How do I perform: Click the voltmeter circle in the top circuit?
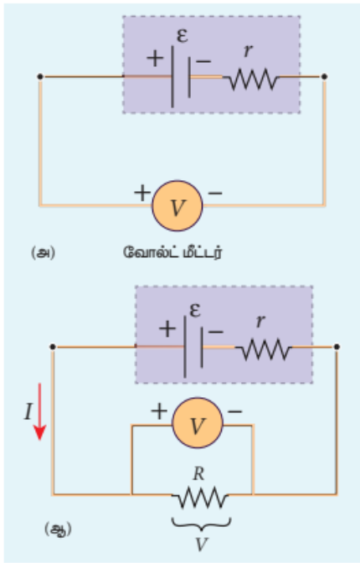[177, 206]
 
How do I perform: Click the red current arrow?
[39, 411]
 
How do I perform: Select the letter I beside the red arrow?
[28, 411]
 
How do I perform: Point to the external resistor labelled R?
[200, 498]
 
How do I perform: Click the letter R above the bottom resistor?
[198, 474]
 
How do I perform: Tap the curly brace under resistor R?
[202, 524]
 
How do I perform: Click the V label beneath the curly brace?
[202, 545]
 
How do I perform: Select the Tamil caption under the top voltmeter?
[172, 252]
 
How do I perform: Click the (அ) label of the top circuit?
[43, 253]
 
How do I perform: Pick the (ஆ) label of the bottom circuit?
[58, 529]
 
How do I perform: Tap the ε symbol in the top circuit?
[183, 35]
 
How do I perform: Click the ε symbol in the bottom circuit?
[195, 309]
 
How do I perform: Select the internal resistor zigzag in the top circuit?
[254, 80]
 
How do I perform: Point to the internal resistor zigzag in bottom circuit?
[265, 349]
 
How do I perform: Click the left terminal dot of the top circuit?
[40, 76]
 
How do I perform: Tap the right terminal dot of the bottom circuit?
[337, 347]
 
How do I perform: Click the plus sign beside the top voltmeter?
[142, 193]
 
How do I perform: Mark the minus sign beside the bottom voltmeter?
[235, 411]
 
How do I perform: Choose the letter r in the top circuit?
[248, 51]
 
